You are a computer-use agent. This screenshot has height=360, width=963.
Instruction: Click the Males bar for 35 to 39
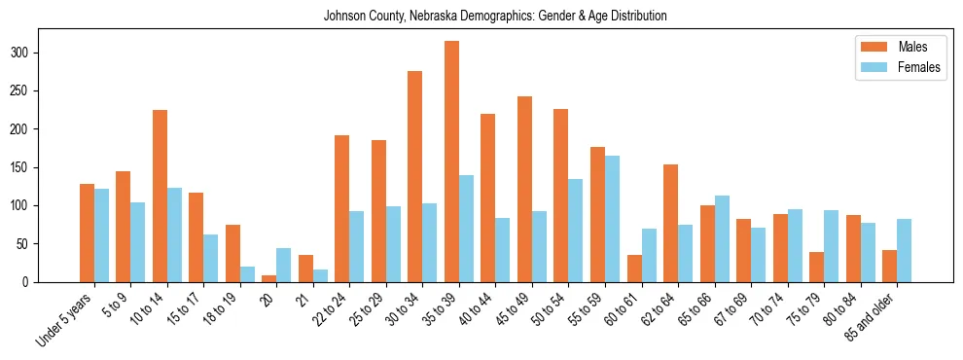pos(451,162)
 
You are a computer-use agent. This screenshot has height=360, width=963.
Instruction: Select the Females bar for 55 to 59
pos(612,219)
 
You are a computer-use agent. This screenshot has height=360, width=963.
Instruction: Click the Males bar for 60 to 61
pos(634,269)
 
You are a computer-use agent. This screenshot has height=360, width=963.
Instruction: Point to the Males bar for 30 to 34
pos(415,176)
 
